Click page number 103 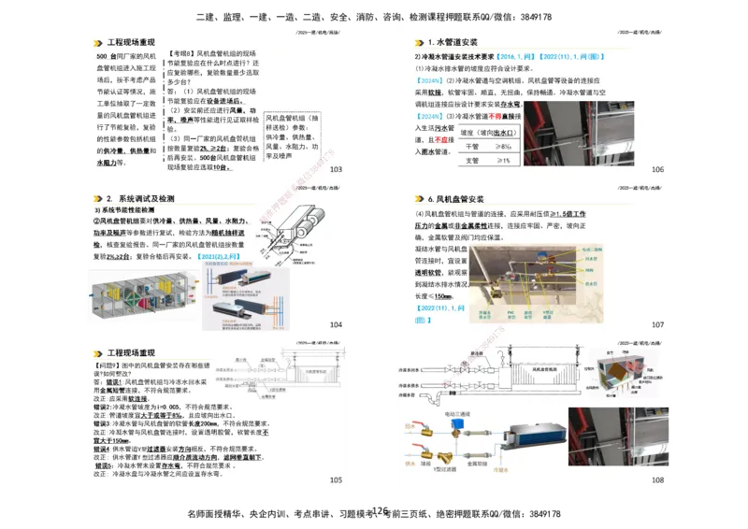pyautogui.click(x=336, y=169)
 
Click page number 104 pyautogui.click(x=336, y=324)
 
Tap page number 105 pyautogui.click(x=336, y=480)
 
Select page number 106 pyautogui.click(x=657, y=169)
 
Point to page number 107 pyautogui.click(x=657, y=324)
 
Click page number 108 pyautogui.click(x=657, y=480)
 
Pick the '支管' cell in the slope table pyautogui.click(x=472, y=161)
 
